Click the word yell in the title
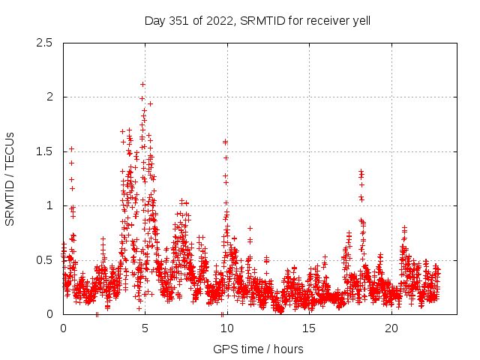click(360, 20)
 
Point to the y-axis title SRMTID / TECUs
click(10, 178)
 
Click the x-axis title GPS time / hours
click(258, 349)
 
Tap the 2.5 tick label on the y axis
click(46, 43)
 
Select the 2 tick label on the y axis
click(50, 97)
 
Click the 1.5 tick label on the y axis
click(46, 151)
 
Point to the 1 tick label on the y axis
click(50, 205)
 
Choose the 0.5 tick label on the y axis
click(46, 260)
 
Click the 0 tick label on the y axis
click(50, 314)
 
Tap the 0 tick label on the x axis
click(63, 328)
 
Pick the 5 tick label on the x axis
click(145, 328)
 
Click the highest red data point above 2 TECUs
click(142, 84)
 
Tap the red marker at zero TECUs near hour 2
click(97, 314)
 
